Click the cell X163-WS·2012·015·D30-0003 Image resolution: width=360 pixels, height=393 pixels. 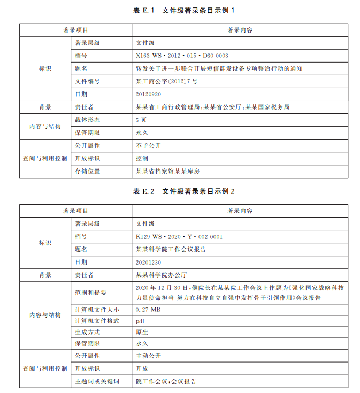(182, 56)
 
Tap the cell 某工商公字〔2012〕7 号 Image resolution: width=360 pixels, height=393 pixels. (167, 81)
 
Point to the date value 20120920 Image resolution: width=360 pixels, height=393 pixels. (148, 94)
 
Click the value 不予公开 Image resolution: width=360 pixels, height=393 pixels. (148, 145)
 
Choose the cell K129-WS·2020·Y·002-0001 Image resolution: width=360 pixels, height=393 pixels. (179, 236)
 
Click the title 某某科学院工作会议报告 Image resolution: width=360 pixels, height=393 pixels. (171, 249)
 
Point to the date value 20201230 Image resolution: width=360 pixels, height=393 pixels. (148, 262)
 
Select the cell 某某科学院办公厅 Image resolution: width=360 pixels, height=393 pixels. (162, 275)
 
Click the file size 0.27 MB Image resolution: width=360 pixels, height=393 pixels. (148, 310)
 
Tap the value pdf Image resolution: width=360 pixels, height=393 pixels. (140, 321)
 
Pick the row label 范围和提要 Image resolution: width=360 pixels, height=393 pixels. (90, 292)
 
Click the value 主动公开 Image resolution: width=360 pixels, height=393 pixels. (148, 356)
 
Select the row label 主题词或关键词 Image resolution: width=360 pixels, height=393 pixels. (97, 381)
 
